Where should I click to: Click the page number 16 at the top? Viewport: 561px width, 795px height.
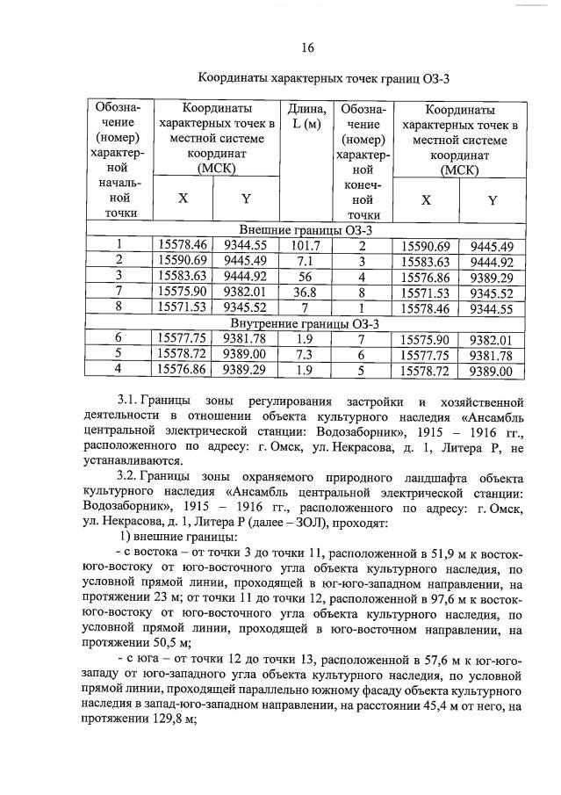(x=306, y=47)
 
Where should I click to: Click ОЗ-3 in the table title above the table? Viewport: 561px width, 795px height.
(x=435, y=78)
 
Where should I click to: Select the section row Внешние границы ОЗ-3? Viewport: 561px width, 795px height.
(x=306, y=230)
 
